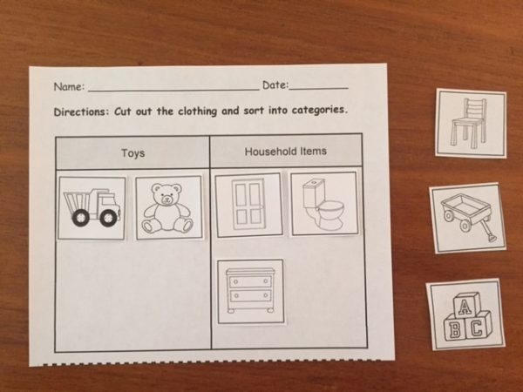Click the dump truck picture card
(x=92, y=207)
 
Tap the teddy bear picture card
(x=168, y=207)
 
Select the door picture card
(x=248, y=205)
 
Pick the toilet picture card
(x=323, y=203)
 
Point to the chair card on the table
(x=471, y=124)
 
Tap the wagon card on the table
(x=469, y=218)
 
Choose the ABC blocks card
(x=465, y=314)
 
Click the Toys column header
(x=132, y=153)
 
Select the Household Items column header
(x=285, y=152)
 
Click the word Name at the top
(x=68, y=87)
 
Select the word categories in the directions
(x=316, y=111)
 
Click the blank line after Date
(x=319, y=87)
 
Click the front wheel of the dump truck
(x=108, y=219)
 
